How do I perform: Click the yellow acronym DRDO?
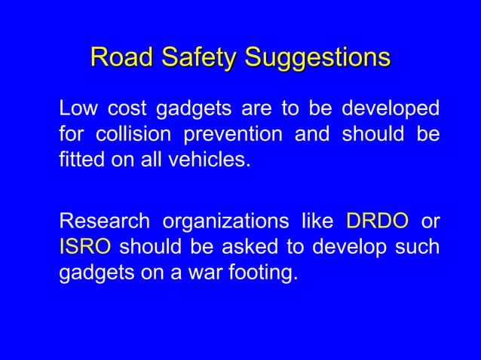[377, 222]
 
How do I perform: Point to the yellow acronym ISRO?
[85, 247]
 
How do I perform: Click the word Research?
[103, 222]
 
